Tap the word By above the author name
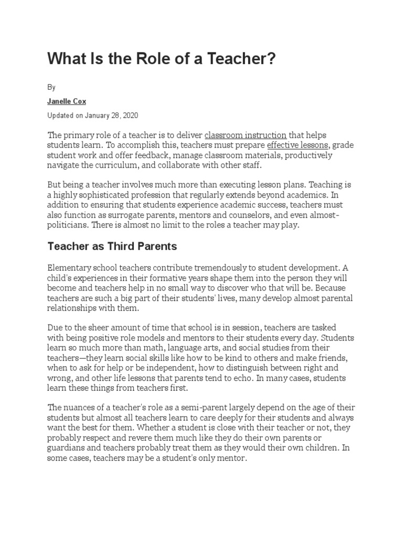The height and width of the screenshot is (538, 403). click(x=51, y=87)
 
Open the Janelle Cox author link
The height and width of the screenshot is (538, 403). click(x=67, y=101)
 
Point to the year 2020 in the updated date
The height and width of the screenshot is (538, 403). click(x=130, y=115)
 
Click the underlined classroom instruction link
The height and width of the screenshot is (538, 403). click(x=246, y=136)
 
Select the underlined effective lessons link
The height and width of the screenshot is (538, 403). click(x=298, y=146)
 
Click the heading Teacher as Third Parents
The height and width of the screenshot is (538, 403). click(x=112, y=246)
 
